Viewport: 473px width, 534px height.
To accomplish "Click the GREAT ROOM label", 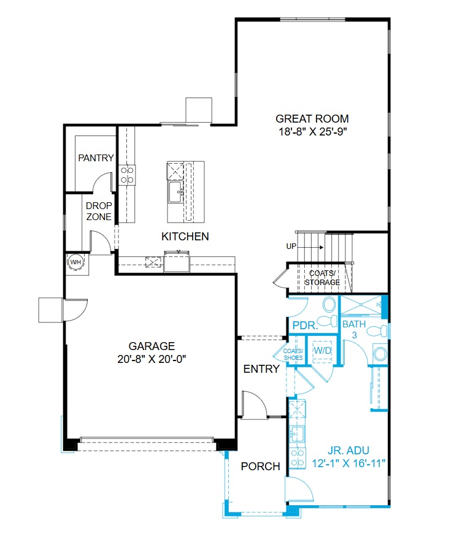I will click(x=312, y=119).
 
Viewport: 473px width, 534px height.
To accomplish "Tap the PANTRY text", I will click(x=96, y=158).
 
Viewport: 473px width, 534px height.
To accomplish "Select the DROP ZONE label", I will click(x=98, y=212).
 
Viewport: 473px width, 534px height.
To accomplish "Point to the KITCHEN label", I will click(x=185, y=236).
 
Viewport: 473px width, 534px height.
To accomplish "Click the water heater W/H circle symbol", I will click(x=76, y=262).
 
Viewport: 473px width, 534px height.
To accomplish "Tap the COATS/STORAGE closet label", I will click(x=323, y=278).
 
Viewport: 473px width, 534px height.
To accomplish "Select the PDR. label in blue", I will click(x=305, y=325).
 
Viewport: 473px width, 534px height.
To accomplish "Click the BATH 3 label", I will click(x=353, y=329).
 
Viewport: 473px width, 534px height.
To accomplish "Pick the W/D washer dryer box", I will click(x=322, y=350).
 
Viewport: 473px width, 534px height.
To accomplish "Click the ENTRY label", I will click(x=261, y=369).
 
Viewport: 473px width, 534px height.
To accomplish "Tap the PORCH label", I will click(x=260, y=467).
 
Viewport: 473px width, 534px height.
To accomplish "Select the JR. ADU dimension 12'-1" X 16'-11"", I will click(x=348, y=463).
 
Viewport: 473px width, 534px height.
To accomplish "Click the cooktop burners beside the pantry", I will click(x=128, y=175).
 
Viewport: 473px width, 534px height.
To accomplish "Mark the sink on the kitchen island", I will click(x=175, y=191).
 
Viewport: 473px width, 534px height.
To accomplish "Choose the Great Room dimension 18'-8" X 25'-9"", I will click(x=312, y=131).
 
